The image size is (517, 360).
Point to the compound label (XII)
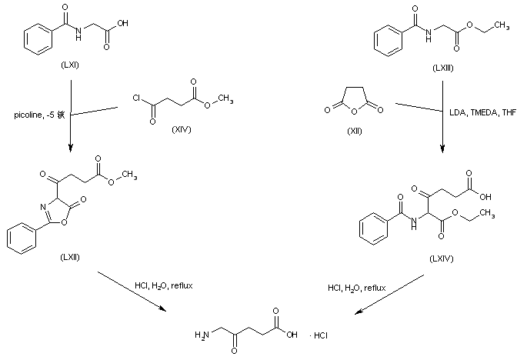click(x=355, y=129)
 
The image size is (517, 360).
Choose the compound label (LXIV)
click(x=442, y=258)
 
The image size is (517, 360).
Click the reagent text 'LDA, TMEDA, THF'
click(x=482, y=112)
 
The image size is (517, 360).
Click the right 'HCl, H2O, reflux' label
click(x=356, y=288)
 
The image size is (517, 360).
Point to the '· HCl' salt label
click(x=317, y=335)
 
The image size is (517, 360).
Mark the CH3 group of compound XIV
click(x=228, y=99)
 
